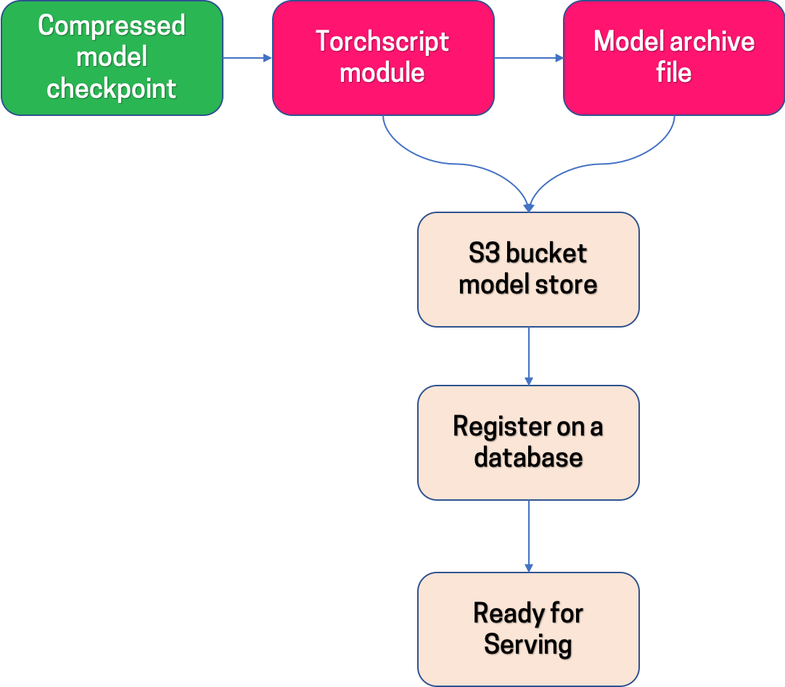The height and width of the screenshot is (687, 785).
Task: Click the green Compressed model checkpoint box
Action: pos(112,58)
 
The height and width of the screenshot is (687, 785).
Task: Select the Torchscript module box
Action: pos(383,58)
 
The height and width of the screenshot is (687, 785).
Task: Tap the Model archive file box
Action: pos(673,58)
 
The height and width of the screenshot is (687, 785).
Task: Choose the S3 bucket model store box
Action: pos(528,269)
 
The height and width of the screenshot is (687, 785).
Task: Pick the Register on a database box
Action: pos(528,442)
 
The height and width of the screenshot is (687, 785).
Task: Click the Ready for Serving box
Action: pos(528,629)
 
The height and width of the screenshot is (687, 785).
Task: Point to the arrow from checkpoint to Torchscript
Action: pos(247,58)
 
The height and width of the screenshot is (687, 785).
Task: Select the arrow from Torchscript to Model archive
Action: pos(528,58)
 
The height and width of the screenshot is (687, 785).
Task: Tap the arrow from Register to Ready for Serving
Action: pos(528,536)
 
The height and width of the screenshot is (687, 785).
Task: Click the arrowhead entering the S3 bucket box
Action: pos(528,206)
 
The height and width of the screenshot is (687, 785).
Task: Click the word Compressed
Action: pos(112,26)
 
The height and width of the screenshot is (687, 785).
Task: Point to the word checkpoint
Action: pos(112,88)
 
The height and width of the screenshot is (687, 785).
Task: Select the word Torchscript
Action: pos(382,42)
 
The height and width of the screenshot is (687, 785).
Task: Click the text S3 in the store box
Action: pos(484,254)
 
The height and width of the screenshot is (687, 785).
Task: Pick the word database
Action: pos(528,458)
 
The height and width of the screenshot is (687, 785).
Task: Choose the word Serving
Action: pos(528,644)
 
